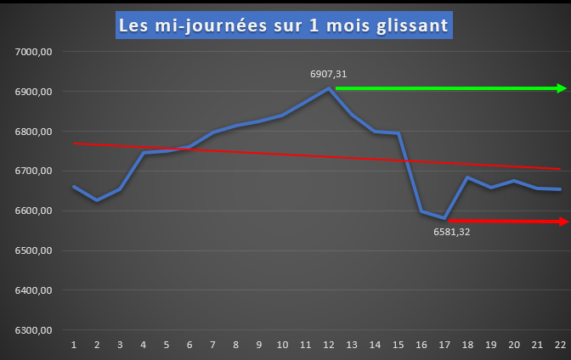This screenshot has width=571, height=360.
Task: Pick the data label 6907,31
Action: (328, 74)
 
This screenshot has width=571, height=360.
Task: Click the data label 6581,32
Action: (452, 231)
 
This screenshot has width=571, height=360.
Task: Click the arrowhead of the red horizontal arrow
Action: (562, 222)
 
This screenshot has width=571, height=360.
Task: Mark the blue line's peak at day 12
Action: (329, 88)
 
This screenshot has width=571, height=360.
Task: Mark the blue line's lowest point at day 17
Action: (444, 218)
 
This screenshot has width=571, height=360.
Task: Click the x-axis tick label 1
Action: (74, 345)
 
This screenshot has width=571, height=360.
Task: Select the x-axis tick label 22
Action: (558, 345)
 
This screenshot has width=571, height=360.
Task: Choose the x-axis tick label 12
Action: (328, 345)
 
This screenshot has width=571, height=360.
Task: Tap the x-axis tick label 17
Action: (444, 345)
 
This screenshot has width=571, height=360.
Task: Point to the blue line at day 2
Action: (97, 200)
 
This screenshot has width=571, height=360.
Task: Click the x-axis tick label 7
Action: (212, 345)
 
